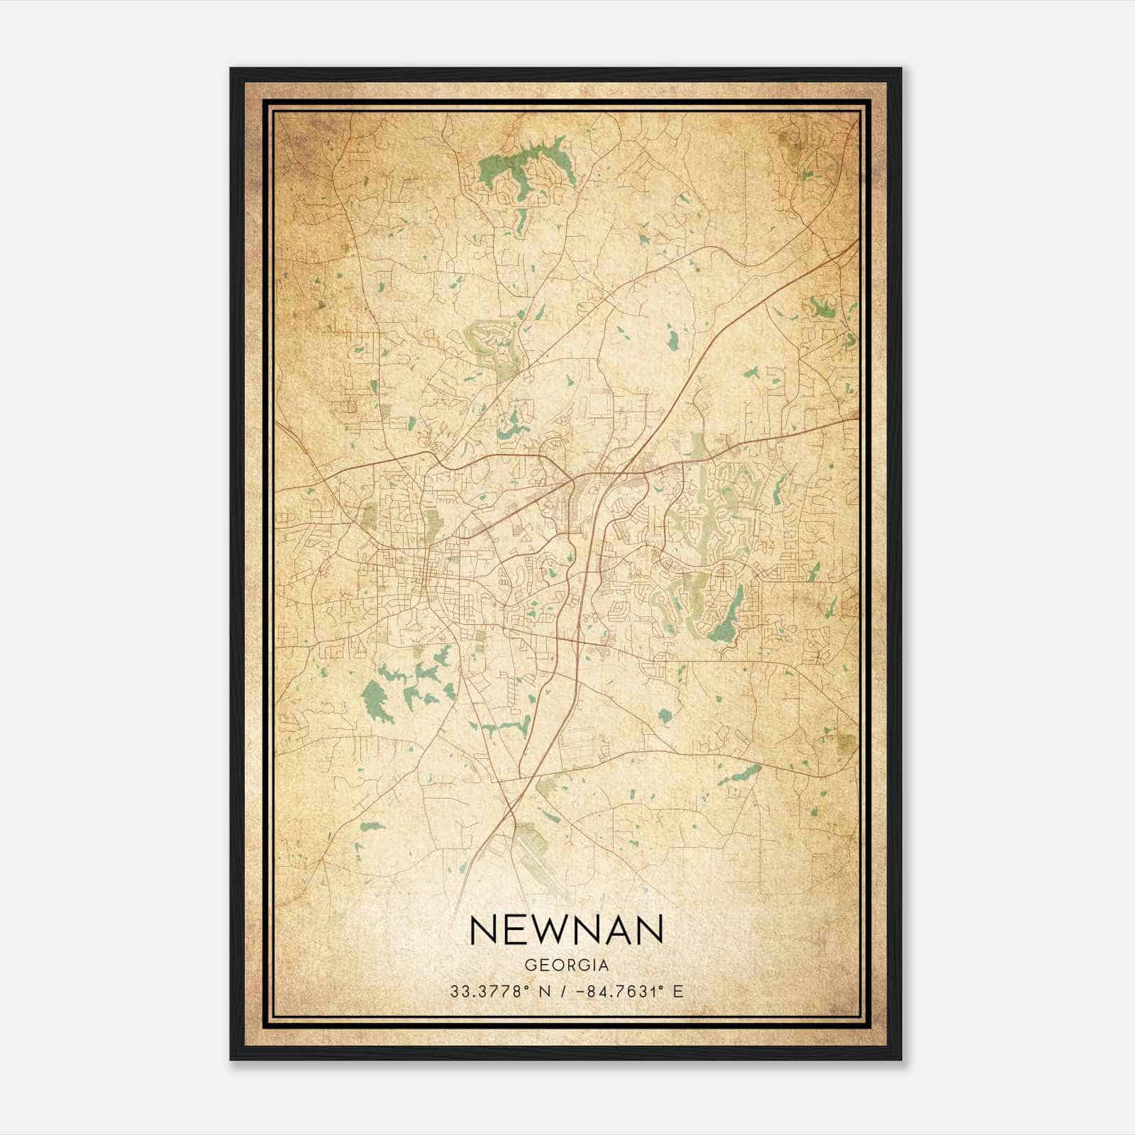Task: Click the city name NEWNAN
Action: (566, 930)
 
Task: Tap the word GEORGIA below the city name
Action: (566, 965)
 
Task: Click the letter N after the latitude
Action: (545, 992)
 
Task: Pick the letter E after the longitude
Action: (678, 992)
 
